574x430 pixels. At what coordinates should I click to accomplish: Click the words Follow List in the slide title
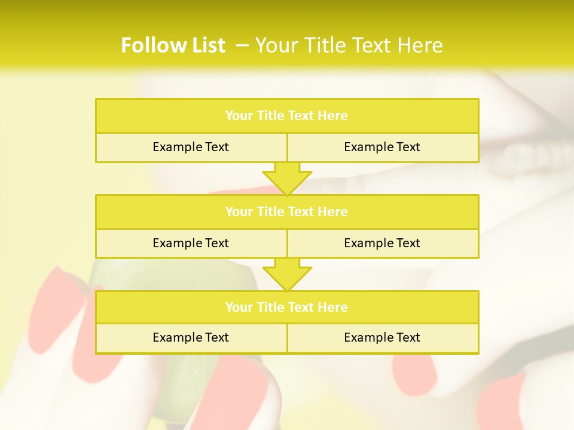click(173, 45)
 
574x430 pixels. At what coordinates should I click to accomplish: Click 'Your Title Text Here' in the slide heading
click(349, 45)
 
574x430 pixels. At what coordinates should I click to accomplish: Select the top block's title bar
click(286, 116)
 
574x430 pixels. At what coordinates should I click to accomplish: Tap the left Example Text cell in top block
click(191, 147)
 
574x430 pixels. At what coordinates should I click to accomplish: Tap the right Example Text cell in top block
click(382, 147)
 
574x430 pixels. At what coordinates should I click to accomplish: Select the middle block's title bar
click(286, 211)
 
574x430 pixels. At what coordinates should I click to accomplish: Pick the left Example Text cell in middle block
click(191, 243)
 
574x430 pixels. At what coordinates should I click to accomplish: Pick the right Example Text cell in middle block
click(382, 243)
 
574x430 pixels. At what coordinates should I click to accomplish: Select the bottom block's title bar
click(286, 307)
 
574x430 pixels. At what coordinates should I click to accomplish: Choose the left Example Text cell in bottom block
click(191, 337)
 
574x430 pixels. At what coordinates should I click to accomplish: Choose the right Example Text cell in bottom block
click(382, 337)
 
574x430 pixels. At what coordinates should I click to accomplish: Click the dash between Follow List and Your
click(242, 45)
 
